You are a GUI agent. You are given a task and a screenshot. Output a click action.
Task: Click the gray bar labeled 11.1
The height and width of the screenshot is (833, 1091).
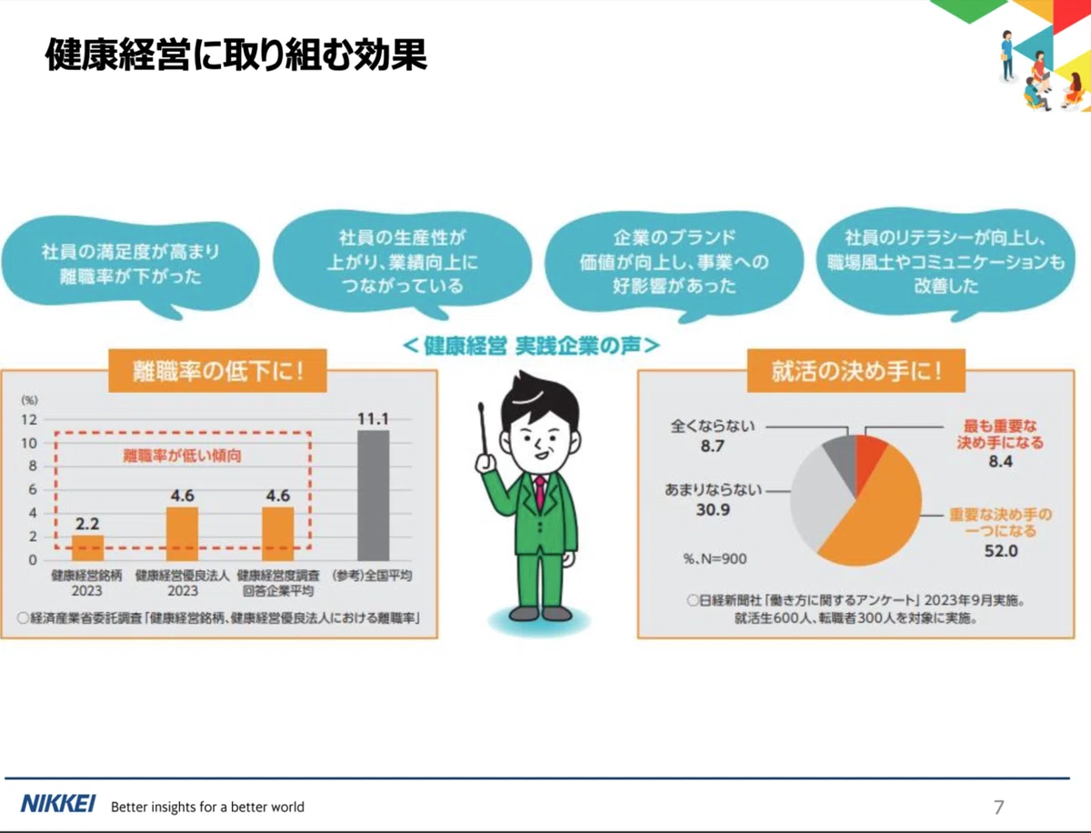click(374, 496)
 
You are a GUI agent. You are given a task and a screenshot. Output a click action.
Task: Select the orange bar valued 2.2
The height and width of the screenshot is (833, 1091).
click(88, 547)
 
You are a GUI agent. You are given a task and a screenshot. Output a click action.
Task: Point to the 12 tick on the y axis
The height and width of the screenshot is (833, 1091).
click(29, 420)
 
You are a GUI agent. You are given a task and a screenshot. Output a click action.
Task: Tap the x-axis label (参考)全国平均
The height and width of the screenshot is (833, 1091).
click(372, 576)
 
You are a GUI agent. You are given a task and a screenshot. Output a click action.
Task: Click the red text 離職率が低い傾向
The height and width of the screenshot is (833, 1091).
click(182, 456)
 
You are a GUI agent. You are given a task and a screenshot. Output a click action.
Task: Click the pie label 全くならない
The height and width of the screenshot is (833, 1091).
click(713, 426)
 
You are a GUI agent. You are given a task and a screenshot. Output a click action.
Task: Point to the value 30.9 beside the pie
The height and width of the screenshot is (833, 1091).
click(713, 510)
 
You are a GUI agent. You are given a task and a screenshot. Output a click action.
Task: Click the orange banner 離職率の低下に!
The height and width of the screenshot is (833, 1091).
click(217, 371)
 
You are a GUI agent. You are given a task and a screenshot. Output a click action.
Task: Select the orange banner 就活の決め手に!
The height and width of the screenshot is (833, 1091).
click(856, 371)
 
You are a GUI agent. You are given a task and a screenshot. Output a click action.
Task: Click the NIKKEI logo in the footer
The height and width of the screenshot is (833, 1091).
click(58, 804)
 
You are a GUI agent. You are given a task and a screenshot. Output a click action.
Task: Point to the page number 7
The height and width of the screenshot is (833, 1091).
click(999, 807)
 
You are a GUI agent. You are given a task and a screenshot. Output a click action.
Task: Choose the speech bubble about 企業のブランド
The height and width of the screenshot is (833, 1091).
click(674, 265)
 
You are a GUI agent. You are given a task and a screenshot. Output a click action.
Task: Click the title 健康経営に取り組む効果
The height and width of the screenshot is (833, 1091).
click(236, 55)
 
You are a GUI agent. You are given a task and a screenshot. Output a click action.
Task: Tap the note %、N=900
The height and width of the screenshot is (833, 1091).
click(715, 559)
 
